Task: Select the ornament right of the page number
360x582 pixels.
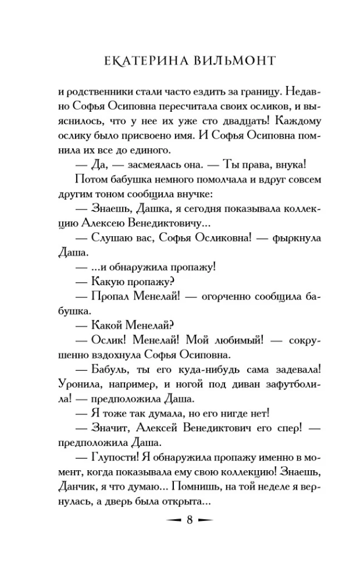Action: click(211, 520)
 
